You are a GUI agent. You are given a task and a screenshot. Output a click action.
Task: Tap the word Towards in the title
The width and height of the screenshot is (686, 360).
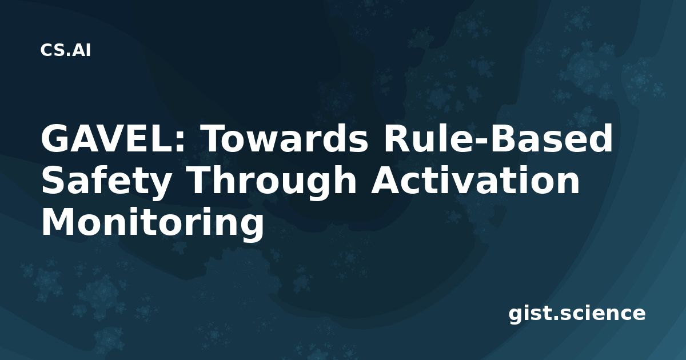284,138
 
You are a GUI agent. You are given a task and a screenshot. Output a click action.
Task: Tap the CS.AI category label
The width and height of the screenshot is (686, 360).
66,50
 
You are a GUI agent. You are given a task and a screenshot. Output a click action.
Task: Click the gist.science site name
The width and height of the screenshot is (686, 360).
577,314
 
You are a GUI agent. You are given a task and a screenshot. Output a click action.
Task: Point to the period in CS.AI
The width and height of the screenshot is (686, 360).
69,55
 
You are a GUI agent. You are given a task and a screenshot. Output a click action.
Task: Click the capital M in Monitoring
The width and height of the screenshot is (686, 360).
58,221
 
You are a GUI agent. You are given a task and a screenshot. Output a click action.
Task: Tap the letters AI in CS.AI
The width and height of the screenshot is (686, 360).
81,50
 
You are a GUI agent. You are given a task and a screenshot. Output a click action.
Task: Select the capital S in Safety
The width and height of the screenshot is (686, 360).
54,180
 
